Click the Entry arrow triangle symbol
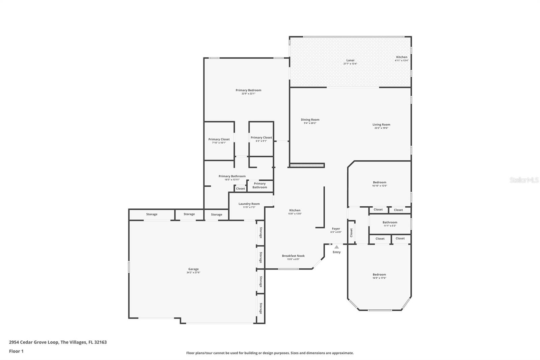pos(336,247)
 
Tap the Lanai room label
pos(350,60)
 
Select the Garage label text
pos(193,269)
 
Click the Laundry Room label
pos(249,204)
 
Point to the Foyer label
pos(336,229)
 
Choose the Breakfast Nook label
pos(293,256)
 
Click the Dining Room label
pos(310,120)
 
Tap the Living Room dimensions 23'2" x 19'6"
pos(381,128)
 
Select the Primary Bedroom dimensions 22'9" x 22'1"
pos(248,94)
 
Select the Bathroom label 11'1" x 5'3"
pos(390,222)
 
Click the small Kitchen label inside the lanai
pos(402,57)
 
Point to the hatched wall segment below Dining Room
pos(307,165)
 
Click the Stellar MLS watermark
pos(524,180)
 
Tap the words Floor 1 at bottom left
pos(16,351)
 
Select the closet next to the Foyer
pos(351,232)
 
